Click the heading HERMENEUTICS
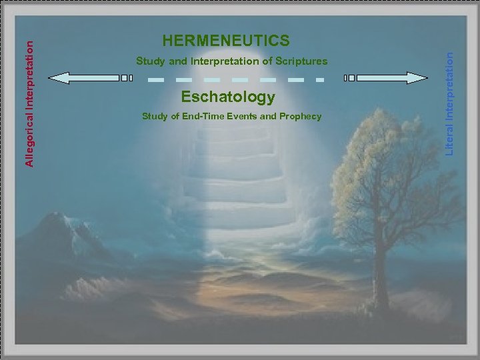tap(226, 41)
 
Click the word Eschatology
tap(228, 97)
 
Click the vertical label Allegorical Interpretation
tap(29, 101)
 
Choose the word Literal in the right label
tap(451, 141)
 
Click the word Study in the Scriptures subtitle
tap(149, 61)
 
